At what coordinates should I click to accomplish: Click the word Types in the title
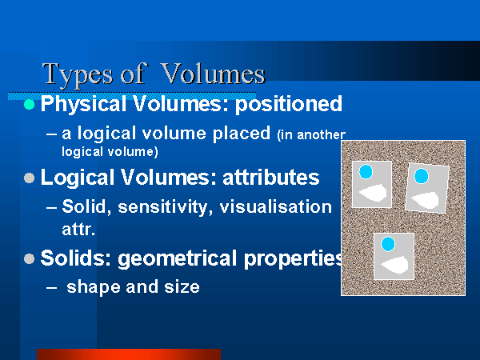[x=78, y=75]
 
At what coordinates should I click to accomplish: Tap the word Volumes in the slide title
[x=213, y=74]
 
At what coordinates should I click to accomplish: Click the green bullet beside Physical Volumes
[x=29, y=104]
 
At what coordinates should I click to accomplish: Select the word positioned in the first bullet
[x=289, y=104]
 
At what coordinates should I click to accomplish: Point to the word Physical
[x=85, y=104]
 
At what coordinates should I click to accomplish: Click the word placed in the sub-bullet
[x=242, y=134]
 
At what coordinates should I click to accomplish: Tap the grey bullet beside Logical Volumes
[x=29, y=178]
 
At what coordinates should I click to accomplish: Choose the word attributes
[x=271, y=178]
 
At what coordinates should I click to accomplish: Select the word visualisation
[x=276, y=206]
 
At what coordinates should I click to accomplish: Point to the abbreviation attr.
[x=78, y=229]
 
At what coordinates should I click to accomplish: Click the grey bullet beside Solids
[x=29, y=258]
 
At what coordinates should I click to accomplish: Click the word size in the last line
[x=182, y=287]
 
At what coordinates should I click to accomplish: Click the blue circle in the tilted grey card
[x=421, y=176]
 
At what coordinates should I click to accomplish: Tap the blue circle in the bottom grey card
[x=388, y=244]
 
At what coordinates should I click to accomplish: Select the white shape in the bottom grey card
[x=395, y=265]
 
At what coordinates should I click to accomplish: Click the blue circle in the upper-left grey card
[x=366, y=172]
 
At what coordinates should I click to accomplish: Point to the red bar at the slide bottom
[x=129, y=354]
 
